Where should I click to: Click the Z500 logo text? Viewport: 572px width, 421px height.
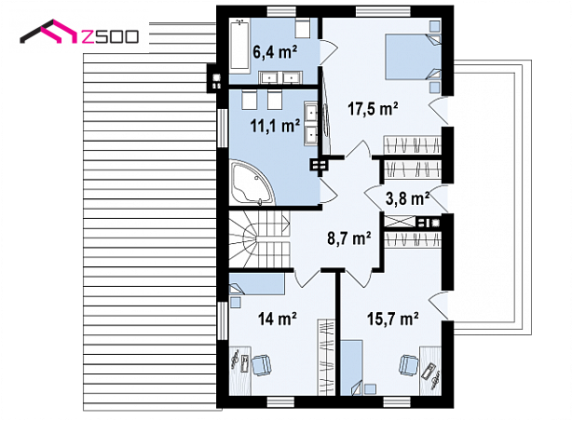pyautogui.click(x=110, y=37)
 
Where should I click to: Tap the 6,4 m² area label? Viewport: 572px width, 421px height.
pyautogui.click(x=275, y=52)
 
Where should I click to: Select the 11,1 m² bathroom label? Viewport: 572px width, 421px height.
pyautogui.click(x=275, y=126)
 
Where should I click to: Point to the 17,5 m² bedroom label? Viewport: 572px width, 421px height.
pyautogui.click(x=373, y=108)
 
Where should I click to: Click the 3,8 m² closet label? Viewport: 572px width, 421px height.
pyautogui.click(x=407, y=198)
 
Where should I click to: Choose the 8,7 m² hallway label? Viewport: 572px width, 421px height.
pyautogui.click(x=349, y=238)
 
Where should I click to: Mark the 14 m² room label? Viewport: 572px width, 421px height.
pyautogui.click(x=277, y=319)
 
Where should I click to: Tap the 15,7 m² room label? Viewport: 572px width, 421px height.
pyautogui.click(x=392, y=319)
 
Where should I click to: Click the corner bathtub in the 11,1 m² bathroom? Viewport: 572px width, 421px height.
pyautogui.click(x=252, y=183)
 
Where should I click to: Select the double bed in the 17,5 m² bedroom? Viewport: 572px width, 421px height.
pyautogui.click(x=413, y=57)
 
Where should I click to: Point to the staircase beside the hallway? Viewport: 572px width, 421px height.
pyautogui.click(x=259, y=239)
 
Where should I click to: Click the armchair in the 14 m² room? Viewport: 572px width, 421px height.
pyautogui.click(x=261, y=365)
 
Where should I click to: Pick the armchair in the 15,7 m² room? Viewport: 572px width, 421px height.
pyautogui.click(x=409, y=365)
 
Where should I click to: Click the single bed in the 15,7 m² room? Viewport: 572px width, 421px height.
pyautogui.click(x=352, y=368)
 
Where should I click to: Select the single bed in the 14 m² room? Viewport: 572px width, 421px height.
pyautogui.click(x=256, y=284)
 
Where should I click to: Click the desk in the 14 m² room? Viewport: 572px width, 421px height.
pyautogui.click(x=240, y=371)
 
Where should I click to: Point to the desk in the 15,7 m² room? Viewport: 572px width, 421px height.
pyautogui.click(x=430, y=371)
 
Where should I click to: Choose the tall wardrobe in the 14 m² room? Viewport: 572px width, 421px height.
pyautogui.click(x=326, y=357)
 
